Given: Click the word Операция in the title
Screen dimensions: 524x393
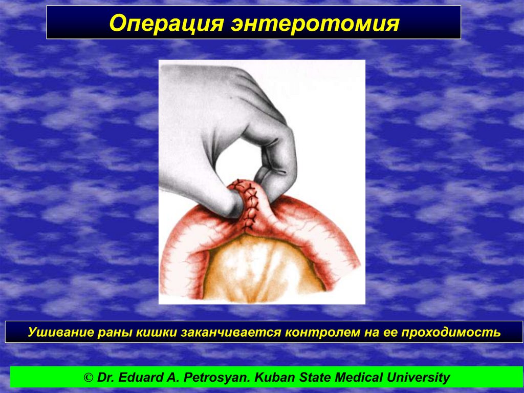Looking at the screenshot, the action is [x=166, y=24].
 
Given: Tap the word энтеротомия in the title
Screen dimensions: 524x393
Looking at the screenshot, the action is [x=315, y=24].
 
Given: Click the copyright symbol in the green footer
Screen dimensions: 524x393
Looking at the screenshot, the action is [x=89, y=378].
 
